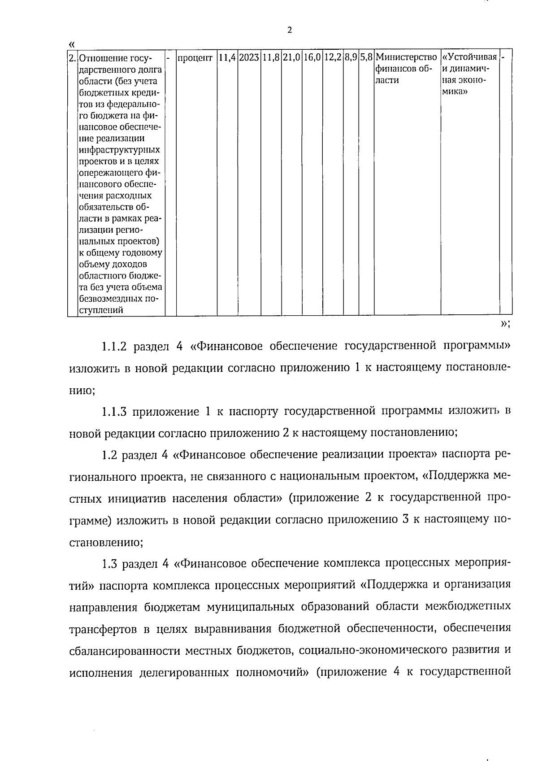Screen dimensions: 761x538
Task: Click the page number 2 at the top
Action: click(289, 30)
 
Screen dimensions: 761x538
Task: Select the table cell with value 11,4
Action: click(227, 58)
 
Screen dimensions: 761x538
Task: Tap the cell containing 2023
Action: click(249, 58)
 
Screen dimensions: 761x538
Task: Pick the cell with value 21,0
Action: click(291, 58)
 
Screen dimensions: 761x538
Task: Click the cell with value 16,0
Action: click(312, 58)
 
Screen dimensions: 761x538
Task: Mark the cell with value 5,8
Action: click(366, 58)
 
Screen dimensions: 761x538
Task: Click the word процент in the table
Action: click(195, 58)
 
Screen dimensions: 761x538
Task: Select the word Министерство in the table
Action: click(407, 58)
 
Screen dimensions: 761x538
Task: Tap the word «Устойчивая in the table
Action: click(469, 58)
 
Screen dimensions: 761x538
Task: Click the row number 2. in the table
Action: click(73, 58)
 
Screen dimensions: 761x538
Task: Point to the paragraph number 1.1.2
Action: click(114, 347)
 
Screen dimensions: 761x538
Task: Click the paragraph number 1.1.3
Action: click(114, 412)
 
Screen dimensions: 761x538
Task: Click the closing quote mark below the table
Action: click(503, 324)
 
